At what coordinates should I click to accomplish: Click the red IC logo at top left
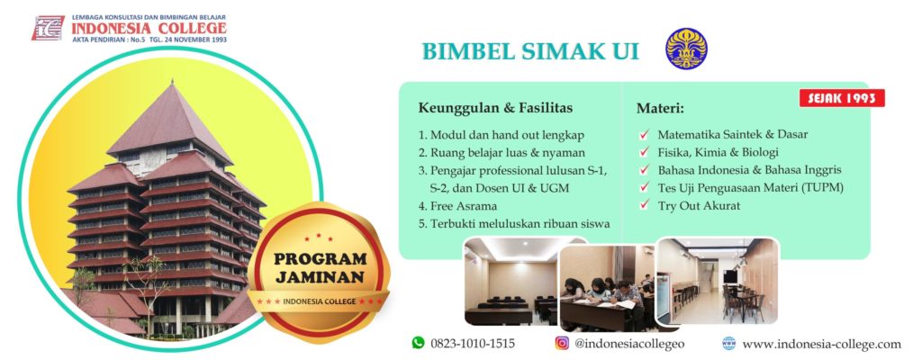pyautogui.click(x=48, y=28)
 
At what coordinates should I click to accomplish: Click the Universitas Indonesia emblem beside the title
pyautogui.click(x=686, y=49)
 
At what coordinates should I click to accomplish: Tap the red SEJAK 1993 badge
pyautogui.click(x=842, y=98)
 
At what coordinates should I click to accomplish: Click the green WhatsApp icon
pyautogui.click(x=418, y=342)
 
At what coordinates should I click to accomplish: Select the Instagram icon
pyautogui.click(x=562, y=342)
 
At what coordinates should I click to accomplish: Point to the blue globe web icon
pyautogui.click(x=728, y=343)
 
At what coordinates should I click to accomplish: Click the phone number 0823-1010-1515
pyautogui.click(x=473, y=344)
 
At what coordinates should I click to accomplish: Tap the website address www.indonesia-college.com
pyautogui.click(x=821, y=344)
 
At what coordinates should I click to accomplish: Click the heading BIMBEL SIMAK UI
pyautogui.click(x=530, y=51)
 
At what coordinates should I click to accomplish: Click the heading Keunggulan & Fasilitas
pyautogui.click(x=495, y=108)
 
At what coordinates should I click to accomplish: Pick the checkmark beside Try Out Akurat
pyautogui.click(x=645, y=204)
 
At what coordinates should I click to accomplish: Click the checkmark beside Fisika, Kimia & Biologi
pyautogui.click(x=645, y=152)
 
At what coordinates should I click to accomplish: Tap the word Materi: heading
pyautogui.click(x=660, y=109)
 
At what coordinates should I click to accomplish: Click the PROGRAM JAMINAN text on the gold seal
pyautogui.click(x=320, y=267)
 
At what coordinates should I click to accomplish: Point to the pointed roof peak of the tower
pyautogui.click(x=171, y=81)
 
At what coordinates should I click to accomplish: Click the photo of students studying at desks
pyautogui.click(x=607, y=288)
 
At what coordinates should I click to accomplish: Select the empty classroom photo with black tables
pyautogui.click(x=511, y=281)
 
